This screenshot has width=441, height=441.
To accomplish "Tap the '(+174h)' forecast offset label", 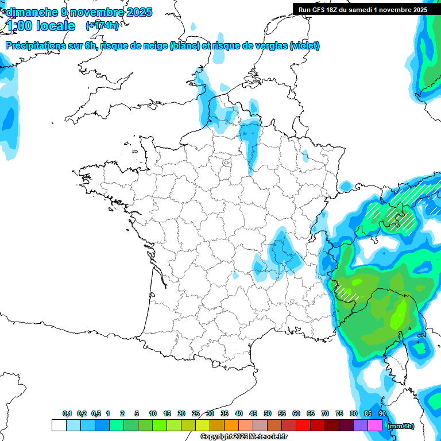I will tap(102, 26).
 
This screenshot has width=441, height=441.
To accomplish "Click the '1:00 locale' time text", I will tap(41, 26).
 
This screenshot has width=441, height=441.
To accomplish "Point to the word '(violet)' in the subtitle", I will tap(305, 46).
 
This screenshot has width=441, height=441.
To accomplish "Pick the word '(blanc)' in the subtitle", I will tap(185, 46).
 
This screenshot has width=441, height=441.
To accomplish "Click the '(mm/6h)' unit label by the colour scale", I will tap(400, 426).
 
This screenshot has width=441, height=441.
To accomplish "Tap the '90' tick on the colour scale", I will tap(382, 414).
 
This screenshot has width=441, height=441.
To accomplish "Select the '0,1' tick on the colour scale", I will tap(67, 414).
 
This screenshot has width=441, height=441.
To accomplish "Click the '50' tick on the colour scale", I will tap(268, 414).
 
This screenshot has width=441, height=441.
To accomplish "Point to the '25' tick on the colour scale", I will tap(196, 414).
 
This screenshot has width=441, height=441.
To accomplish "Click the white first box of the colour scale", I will tap(59, 425).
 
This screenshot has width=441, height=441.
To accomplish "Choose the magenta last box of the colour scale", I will tap(375, 425).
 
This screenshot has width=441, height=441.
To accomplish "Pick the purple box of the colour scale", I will tap(361, 425).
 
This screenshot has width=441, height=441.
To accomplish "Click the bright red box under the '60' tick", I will tap(303, 425).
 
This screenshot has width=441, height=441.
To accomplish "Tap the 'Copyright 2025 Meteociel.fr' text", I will tap(243, 437).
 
